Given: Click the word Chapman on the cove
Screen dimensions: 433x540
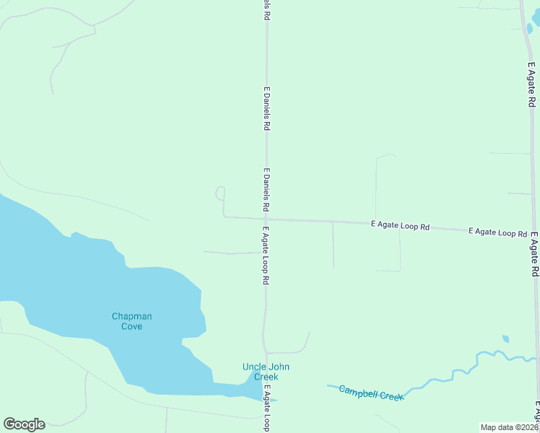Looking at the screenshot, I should pyautogui.click(x=131, y=316).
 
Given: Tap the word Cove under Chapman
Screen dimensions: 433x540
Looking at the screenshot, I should pyautogui.click(x=131, y=326).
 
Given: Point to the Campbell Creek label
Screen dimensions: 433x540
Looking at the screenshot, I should pyautogui.click(x=371, y=392).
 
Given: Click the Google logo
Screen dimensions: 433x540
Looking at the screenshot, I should pyautogui.click(x=24, y=424).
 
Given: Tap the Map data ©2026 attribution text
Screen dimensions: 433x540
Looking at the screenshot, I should pyautogui.click(x=509, y=427).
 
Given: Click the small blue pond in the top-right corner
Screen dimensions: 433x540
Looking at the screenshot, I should pyautogui.click(x=531, y=29).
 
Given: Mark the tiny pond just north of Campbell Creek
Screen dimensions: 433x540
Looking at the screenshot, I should pyautogui.click(x=505, y=338).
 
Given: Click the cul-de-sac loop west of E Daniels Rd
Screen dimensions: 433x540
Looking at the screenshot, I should pyautogui.click(x=220, y=193).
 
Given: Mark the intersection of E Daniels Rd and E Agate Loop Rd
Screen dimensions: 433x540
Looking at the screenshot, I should pyautogui.click(x=266, y=219).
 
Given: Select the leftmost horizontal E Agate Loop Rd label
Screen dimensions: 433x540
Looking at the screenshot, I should pyautogui.click(x=400, y=225).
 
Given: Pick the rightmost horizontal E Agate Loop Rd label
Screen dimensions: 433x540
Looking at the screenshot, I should pyautogui.click(x=497, y=232).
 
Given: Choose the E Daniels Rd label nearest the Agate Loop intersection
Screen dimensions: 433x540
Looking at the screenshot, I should pyautogui.click(x=266, y=190).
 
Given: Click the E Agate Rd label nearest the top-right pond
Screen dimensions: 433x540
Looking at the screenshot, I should pyautogui.click(x=531, y=85).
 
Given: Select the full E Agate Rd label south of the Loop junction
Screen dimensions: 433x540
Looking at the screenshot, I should pyautogui.click(x=535, y=255).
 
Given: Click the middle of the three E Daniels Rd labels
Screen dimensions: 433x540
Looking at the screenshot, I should pyautogui.click(x=266, y=108).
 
